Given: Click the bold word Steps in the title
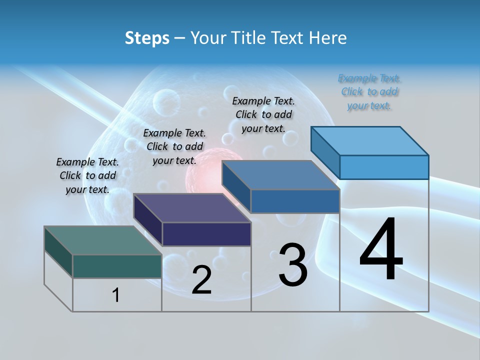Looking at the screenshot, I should coord(147,38).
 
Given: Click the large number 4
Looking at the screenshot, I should coord(381,250).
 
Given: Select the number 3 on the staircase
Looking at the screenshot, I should coord(293,265).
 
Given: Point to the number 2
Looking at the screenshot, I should coord(202,280).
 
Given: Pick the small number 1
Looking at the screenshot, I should coord(116,295).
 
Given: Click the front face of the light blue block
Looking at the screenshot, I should coord(384,167).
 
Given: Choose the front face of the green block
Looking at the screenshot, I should coord(117,266).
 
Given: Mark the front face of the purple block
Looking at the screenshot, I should coord(206,234).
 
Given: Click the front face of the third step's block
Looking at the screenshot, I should coord(295,201).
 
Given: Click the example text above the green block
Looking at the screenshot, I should coord(87,175).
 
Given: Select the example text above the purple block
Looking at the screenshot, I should coord(174,146).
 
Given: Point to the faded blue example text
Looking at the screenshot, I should coord(369,91).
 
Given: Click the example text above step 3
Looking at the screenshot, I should coord(263,114).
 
